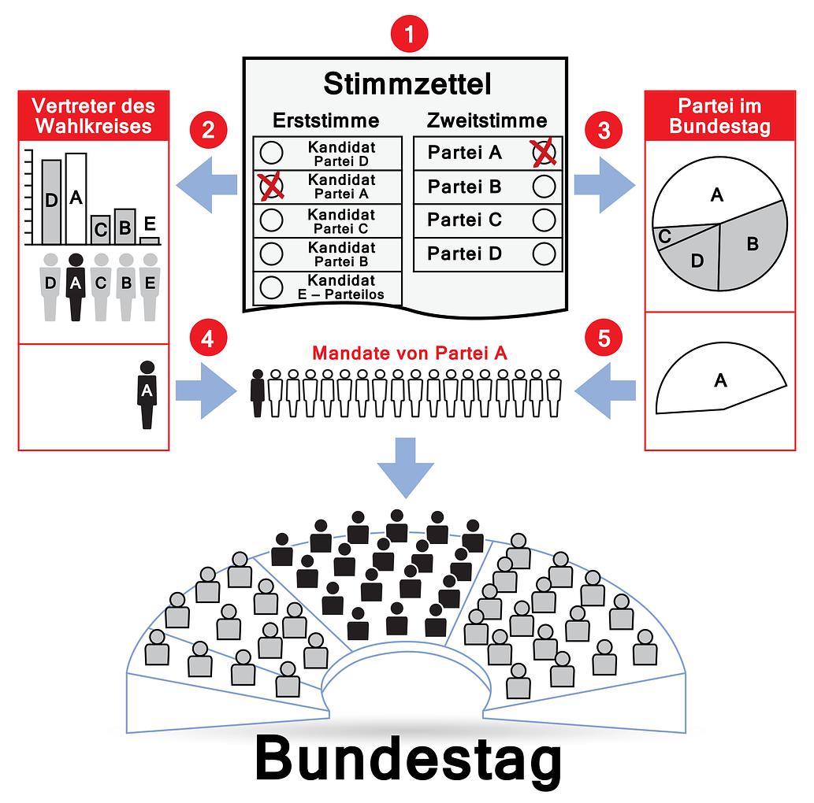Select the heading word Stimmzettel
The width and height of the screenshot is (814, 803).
click(x=407, y=83)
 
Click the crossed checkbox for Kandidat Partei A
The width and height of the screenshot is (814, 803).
click(x=271, y=186)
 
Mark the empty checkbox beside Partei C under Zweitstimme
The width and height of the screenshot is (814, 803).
click(x=544, y=220)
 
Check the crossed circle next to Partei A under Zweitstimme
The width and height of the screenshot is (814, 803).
click(x=544, y=152)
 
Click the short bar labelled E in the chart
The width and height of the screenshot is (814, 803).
click(x=150, y=239)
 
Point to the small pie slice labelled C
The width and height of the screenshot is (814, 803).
click(x=665, y=235)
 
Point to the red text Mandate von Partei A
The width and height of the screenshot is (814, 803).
click(x=409, y=353)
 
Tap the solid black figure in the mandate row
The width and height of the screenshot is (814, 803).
click(x=258, y=392)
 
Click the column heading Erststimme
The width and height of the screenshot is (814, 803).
click(x=325, y=120)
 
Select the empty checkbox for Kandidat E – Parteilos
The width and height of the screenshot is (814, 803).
click(x=271, y=287)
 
